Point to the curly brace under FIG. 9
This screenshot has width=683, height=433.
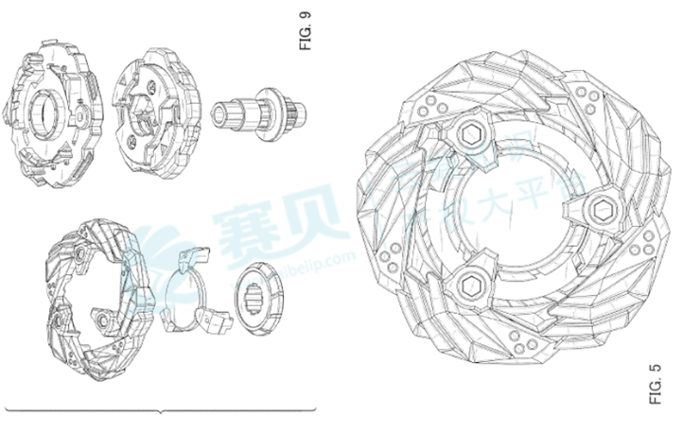[161, 409]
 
